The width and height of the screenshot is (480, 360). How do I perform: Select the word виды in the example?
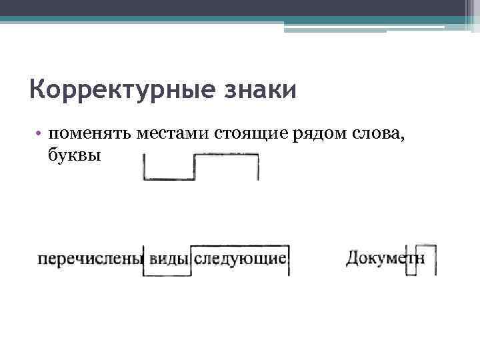[x=167, y=259]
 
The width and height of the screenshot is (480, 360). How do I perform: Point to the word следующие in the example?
[x=240, y=259]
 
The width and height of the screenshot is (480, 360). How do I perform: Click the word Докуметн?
[x=385, y=258]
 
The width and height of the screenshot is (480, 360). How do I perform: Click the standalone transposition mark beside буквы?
[x=200, y=167]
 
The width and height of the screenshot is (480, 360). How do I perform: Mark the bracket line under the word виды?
[x=167, y=275]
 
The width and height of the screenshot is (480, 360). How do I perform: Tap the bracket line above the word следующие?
[x=240, y=245]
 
